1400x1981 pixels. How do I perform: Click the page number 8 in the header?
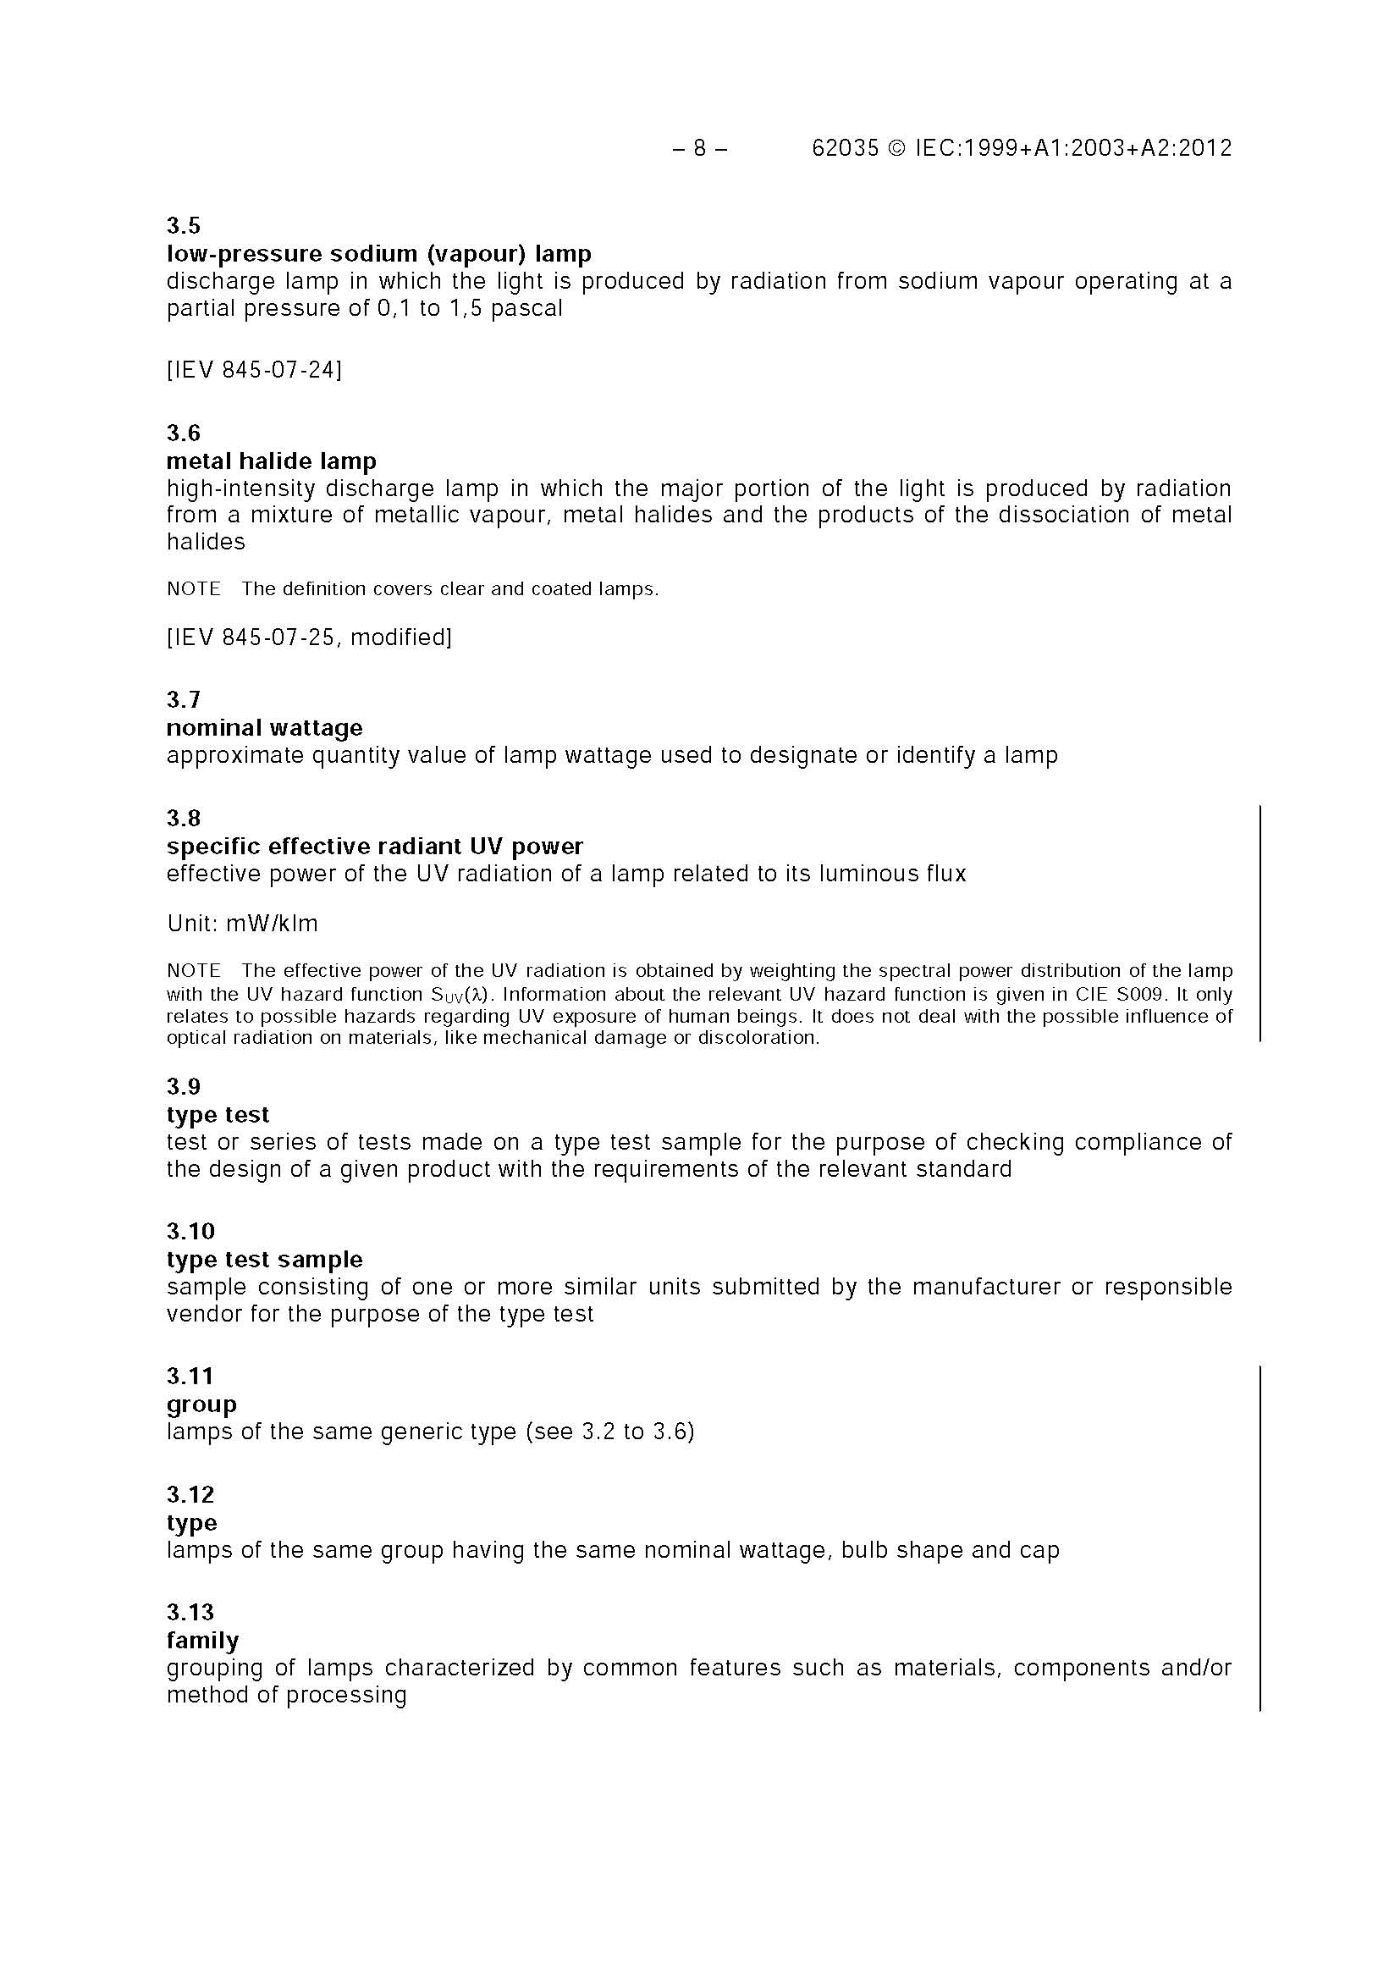(x=699, y=148)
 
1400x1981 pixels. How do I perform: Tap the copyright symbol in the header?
(x=897, y=148)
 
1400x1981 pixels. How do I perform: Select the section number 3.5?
(x=184, y=226)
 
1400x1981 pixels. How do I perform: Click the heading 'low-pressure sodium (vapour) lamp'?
(x=378, y=254)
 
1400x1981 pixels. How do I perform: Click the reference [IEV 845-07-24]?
(x=255, y=370)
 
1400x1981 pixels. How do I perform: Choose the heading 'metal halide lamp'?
(x=272, y=461)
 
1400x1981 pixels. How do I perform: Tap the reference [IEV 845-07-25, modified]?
(x=309, y=637)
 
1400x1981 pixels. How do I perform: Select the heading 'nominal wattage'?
(x=265, y=727)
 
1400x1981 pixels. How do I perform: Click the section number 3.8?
(x=184, y=818)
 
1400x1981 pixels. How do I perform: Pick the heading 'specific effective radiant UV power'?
(x=374, y=846)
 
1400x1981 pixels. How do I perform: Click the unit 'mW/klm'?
(x=272, y=924)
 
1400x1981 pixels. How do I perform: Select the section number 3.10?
(x=190, y=1230)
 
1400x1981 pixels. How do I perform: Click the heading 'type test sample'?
(x=265, y=1259)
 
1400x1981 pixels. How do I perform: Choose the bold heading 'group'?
(x=201, y=1404)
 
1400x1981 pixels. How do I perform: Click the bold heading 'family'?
(x=202, y=1640)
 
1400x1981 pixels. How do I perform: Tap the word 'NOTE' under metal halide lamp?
(x=194, y=589)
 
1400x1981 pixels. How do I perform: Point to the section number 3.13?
(x=190, y=1612)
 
